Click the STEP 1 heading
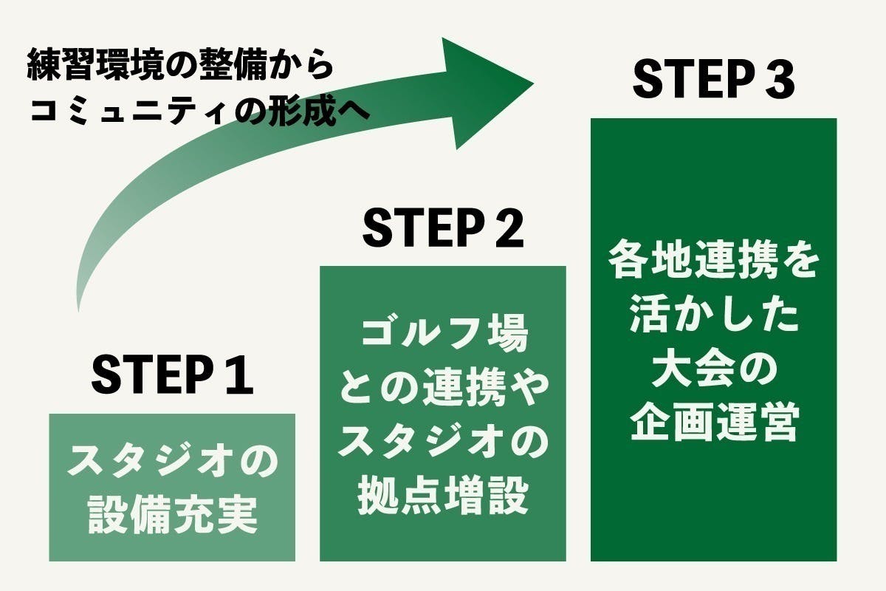pyautogui.click(x=172, y=375)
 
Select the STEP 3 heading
pyautogui.click(x=713, y=80)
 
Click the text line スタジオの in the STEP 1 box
pyautogui.click(x=172, y=464)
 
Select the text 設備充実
pyautogui.click(x=172, y=516)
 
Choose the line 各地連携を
pyautogui.click(x=713, y=263)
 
